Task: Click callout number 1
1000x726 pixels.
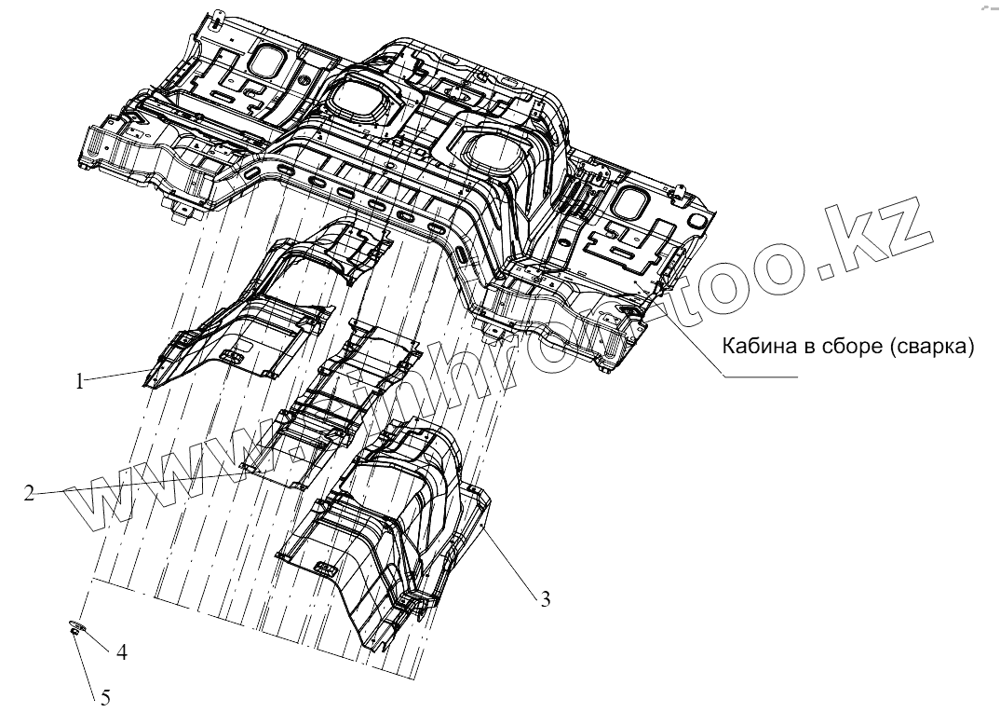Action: point(81,380)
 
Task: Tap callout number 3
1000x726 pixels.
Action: point(546,599)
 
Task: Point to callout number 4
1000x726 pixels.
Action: point(120,651)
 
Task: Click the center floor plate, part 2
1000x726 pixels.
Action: point(345,401)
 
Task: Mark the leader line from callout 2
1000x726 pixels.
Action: point(140,483)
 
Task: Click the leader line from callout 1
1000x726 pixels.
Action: point(116,376)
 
